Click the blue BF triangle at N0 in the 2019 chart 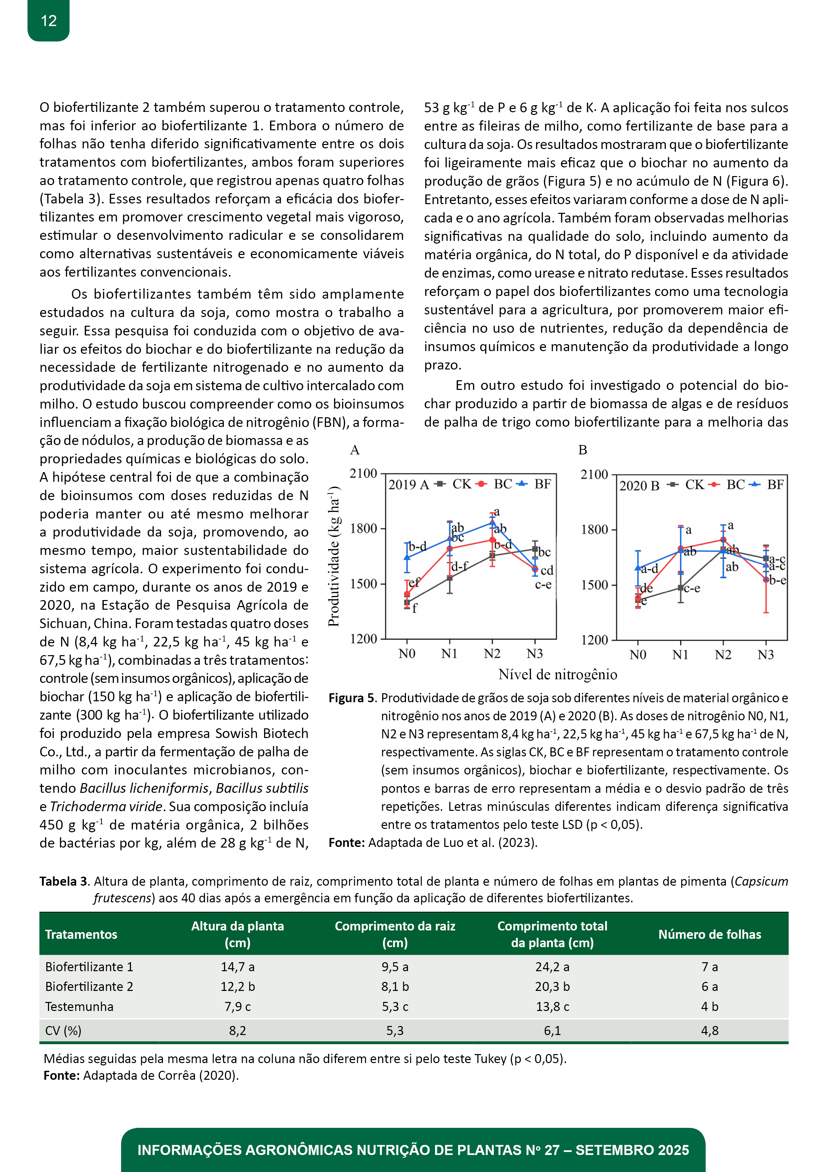pos(407,557)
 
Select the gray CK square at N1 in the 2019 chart pos(449,578)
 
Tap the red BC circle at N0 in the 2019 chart pos(407,594)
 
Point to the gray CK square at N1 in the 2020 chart pos(680,588)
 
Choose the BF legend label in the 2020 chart pos(775,484)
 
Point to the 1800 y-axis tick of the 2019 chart pos(363,528)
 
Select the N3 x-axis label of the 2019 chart pos(535,654)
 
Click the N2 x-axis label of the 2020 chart pos(723,655)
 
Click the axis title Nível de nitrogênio pos(558,675)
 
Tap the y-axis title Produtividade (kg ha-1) pos(334,556)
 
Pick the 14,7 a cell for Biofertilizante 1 pos(237,967)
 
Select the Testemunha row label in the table pos(79,1007)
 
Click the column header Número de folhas pos(709,934)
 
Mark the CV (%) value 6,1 pos(552,1031)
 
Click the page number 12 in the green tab pos(48,21)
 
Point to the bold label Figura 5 pos(352,698)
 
